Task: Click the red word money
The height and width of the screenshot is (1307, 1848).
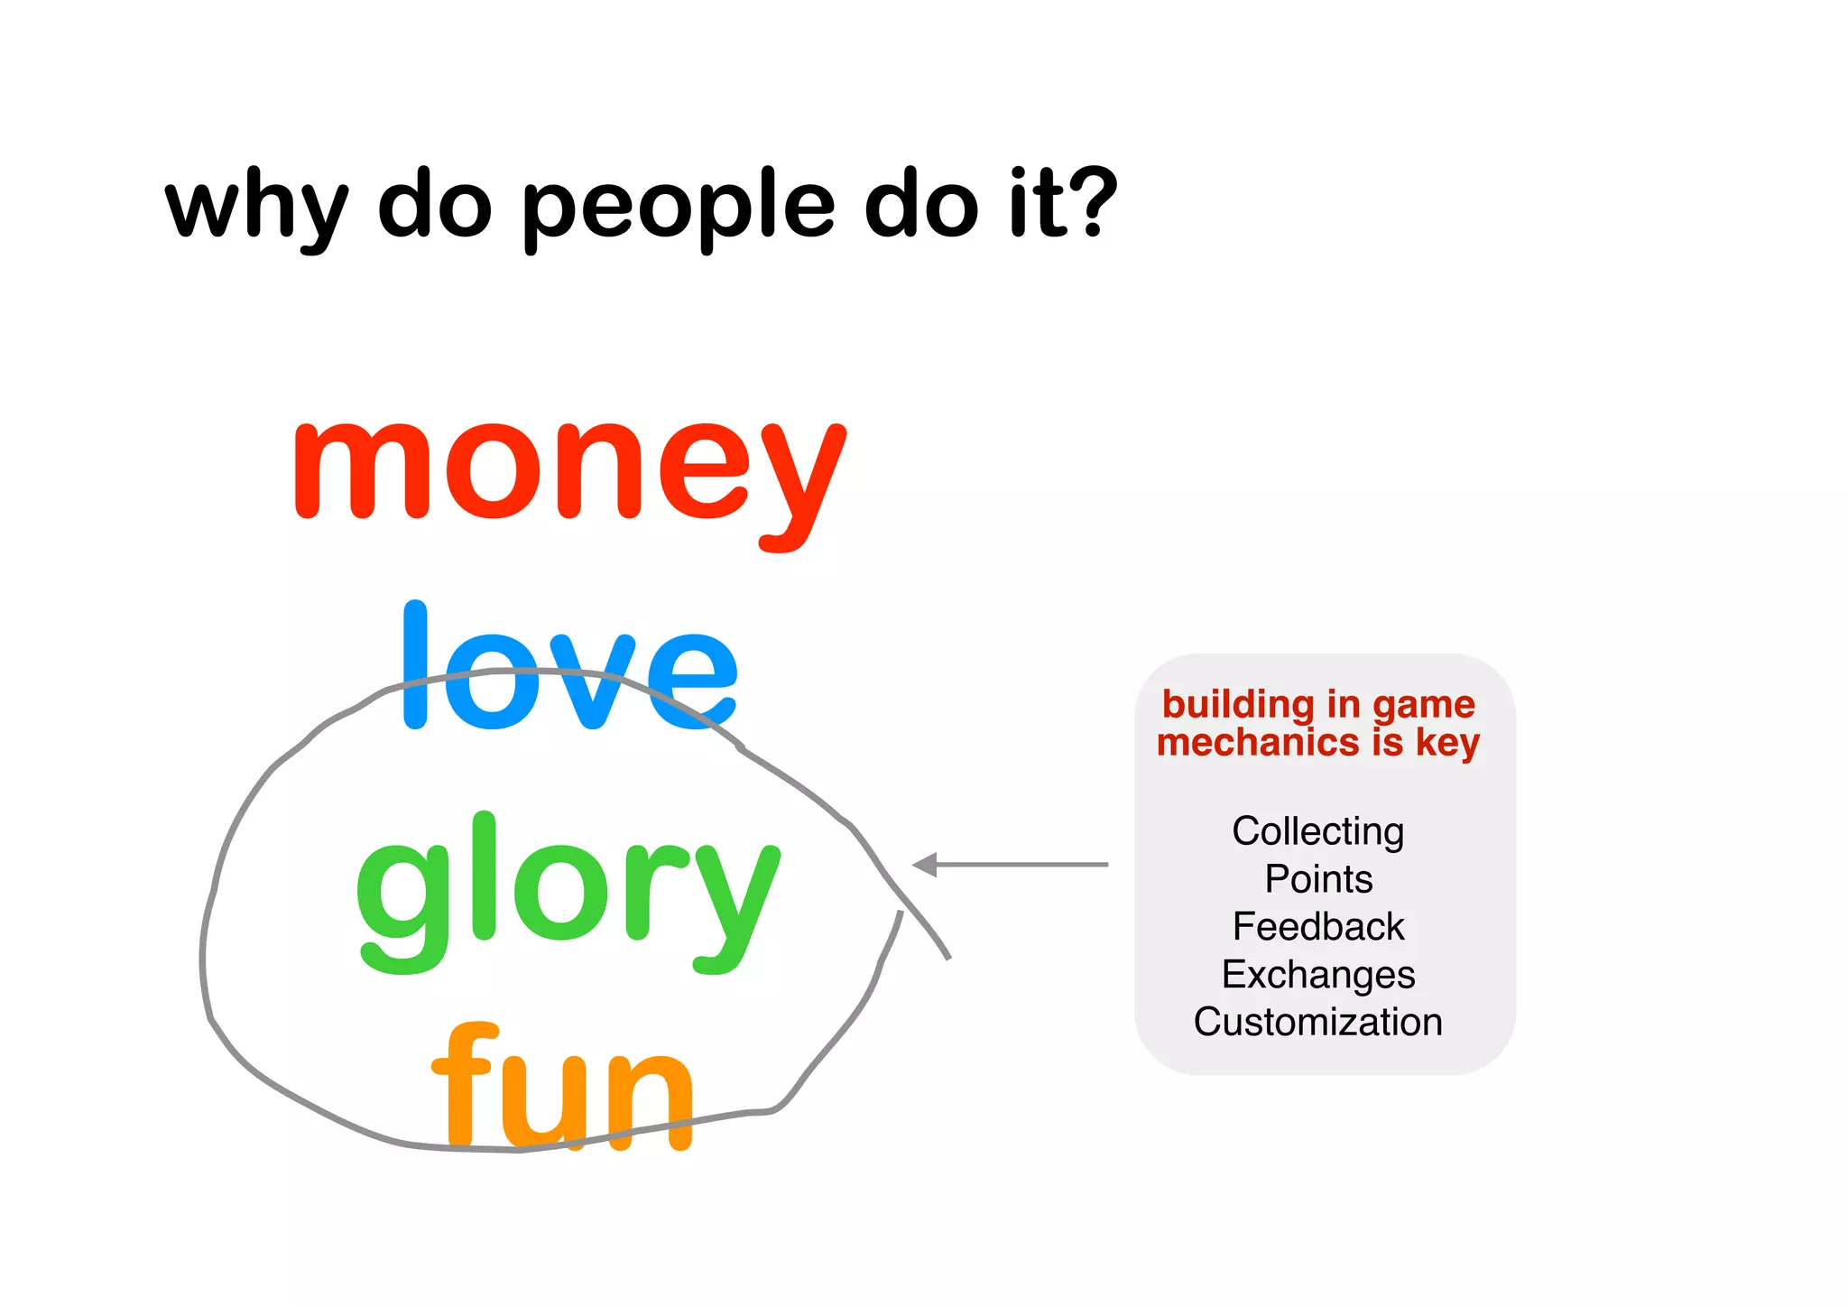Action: [x=568, y=474]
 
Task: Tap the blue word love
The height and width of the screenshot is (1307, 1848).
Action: [x=570, y=668]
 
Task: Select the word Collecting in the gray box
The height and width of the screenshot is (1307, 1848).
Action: [x=1318, y=831]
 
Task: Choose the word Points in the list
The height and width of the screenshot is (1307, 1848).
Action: [x=1318, y=879]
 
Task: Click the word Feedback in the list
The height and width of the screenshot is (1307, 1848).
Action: [x=1318, y=927]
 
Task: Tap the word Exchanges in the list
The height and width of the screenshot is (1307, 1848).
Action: [x=1318, y=975]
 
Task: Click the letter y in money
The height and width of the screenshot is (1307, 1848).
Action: [x=801, y=483]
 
